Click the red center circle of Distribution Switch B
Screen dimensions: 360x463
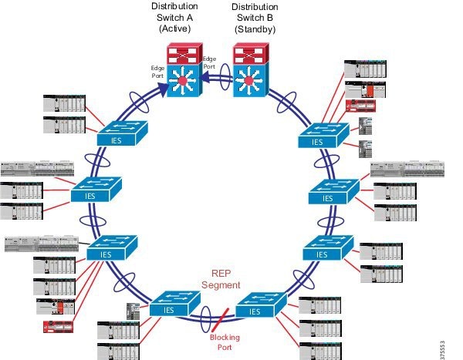coord(249,80)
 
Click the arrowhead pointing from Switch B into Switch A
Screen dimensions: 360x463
coord(206,78)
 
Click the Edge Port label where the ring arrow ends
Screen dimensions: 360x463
coord(157,72)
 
